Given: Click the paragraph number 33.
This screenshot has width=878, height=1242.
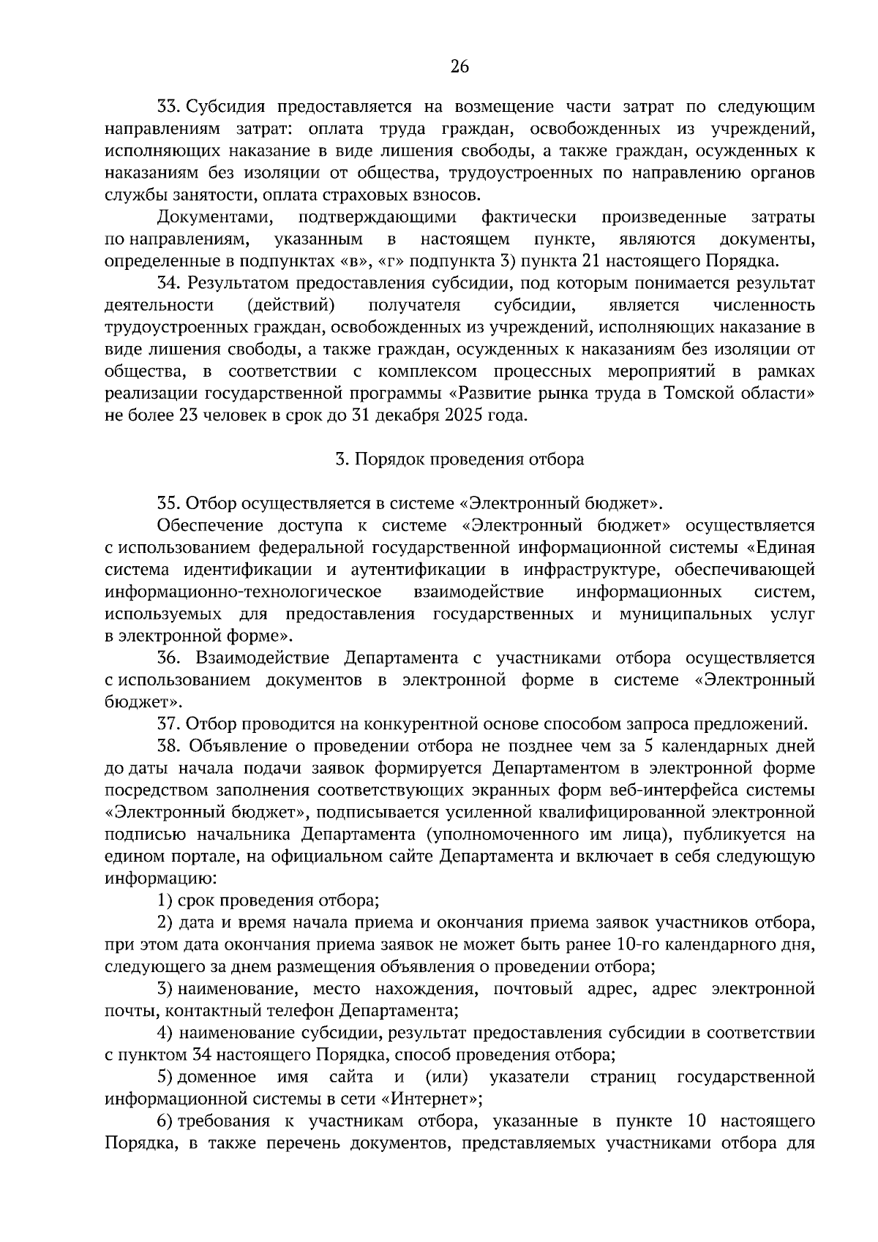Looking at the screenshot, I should coord(170,107).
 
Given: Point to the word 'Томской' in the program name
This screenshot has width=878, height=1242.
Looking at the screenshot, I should coord(699,394).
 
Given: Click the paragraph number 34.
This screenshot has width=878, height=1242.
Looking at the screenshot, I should coord(170,283).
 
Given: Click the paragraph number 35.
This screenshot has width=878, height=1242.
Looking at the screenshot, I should coord(170,503).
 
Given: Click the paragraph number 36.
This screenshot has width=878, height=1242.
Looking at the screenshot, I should coord(170,658).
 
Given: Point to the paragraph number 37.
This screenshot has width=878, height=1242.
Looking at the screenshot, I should coord(170,724).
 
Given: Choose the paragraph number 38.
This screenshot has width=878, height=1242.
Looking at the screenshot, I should coord(170,746).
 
